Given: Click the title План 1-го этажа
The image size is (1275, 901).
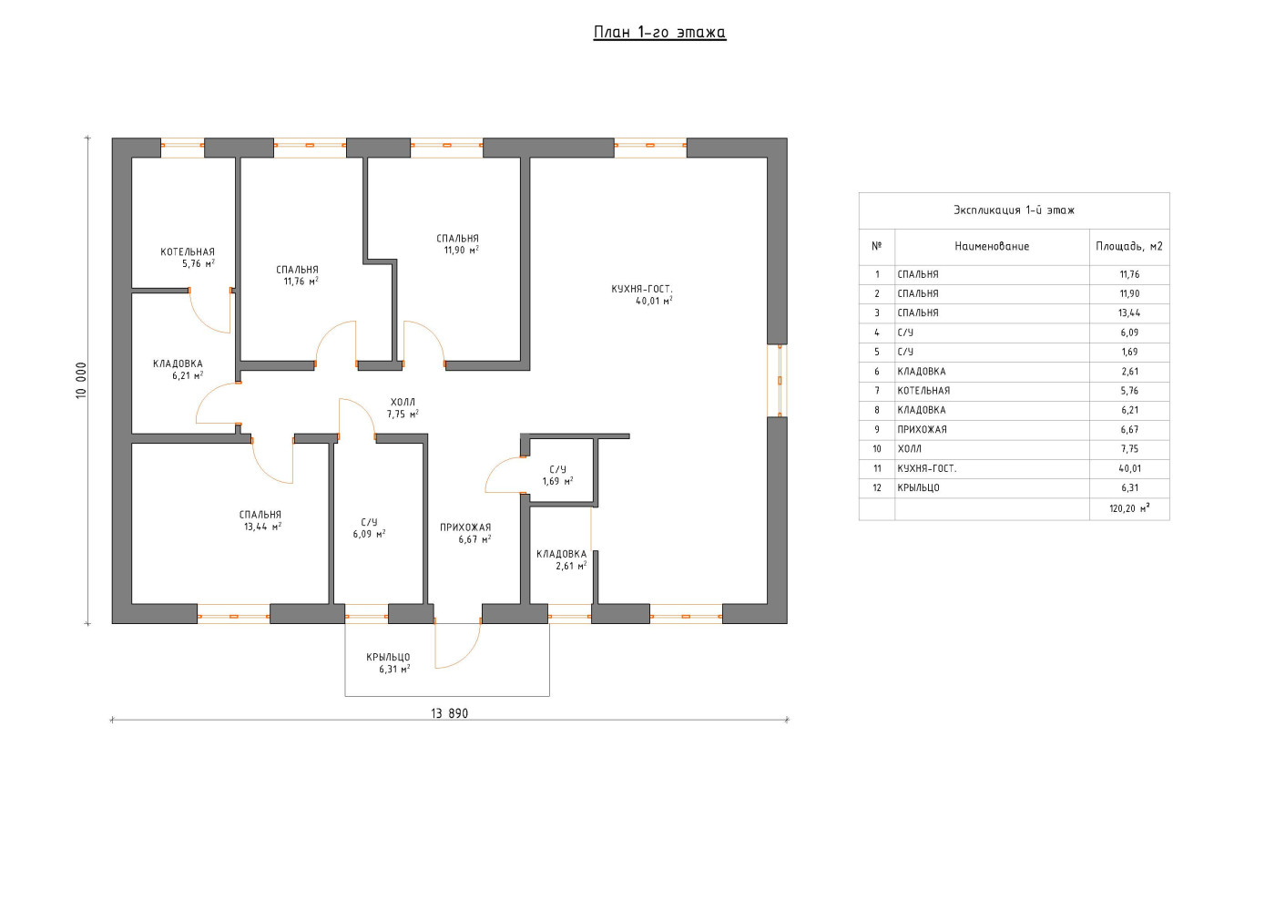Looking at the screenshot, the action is click(x=659, y=33).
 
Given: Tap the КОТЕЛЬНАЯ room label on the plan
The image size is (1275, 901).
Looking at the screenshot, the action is click(x=188, y=251).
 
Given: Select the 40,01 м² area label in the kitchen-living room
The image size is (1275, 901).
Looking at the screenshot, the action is click(x=654, y=301).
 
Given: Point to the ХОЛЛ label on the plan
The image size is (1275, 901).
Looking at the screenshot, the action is click(x=403, y=402).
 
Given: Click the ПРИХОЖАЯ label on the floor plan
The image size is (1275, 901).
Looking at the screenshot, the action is click(x=465, y=527).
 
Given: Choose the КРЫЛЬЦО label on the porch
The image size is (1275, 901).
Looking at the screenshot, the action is click(x=388, y=657).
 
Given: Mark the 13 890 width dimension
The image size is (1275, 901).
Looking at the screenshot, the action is click(x=449, y=713).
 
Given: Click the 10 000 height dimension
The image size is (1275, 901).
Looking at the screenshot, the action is click(x=81, y=381).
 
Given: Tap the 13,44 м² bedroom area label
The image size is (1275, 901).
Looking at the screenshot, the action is click(x=263, y=527).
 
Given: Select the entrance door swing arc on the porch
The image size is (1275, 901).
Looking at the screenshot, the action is click(x=467, y=656).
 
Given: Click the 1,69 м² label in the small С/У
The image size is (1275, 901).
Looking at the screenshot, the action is click(x=557, y=481).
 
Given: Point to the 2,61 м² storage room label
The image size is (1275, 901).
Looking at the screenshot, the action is click(x=571, y=566).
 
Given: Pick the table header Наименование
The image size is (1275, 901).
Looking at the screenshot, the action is click(x=992, y=247).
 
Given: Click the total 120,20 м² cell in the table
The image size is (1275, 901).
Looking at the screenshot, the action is click(x=1129, y=508).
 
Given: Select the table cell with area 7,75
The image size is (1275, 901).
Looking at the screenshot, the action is click(x=1129, y=449).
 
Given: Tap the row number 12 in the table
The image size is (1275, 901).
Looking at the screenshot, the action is click(x=876, y=488).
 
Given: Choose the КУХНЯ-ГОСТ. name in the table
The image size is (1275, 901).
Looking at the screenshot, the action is click(x=927, y=469).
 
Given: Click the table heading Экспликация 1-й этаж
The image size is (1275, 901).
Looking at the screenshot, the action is click(x=1014, y=210).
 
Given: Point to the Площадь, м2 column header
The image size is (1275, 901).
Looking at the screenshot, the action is click(x=1128, y=247).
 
